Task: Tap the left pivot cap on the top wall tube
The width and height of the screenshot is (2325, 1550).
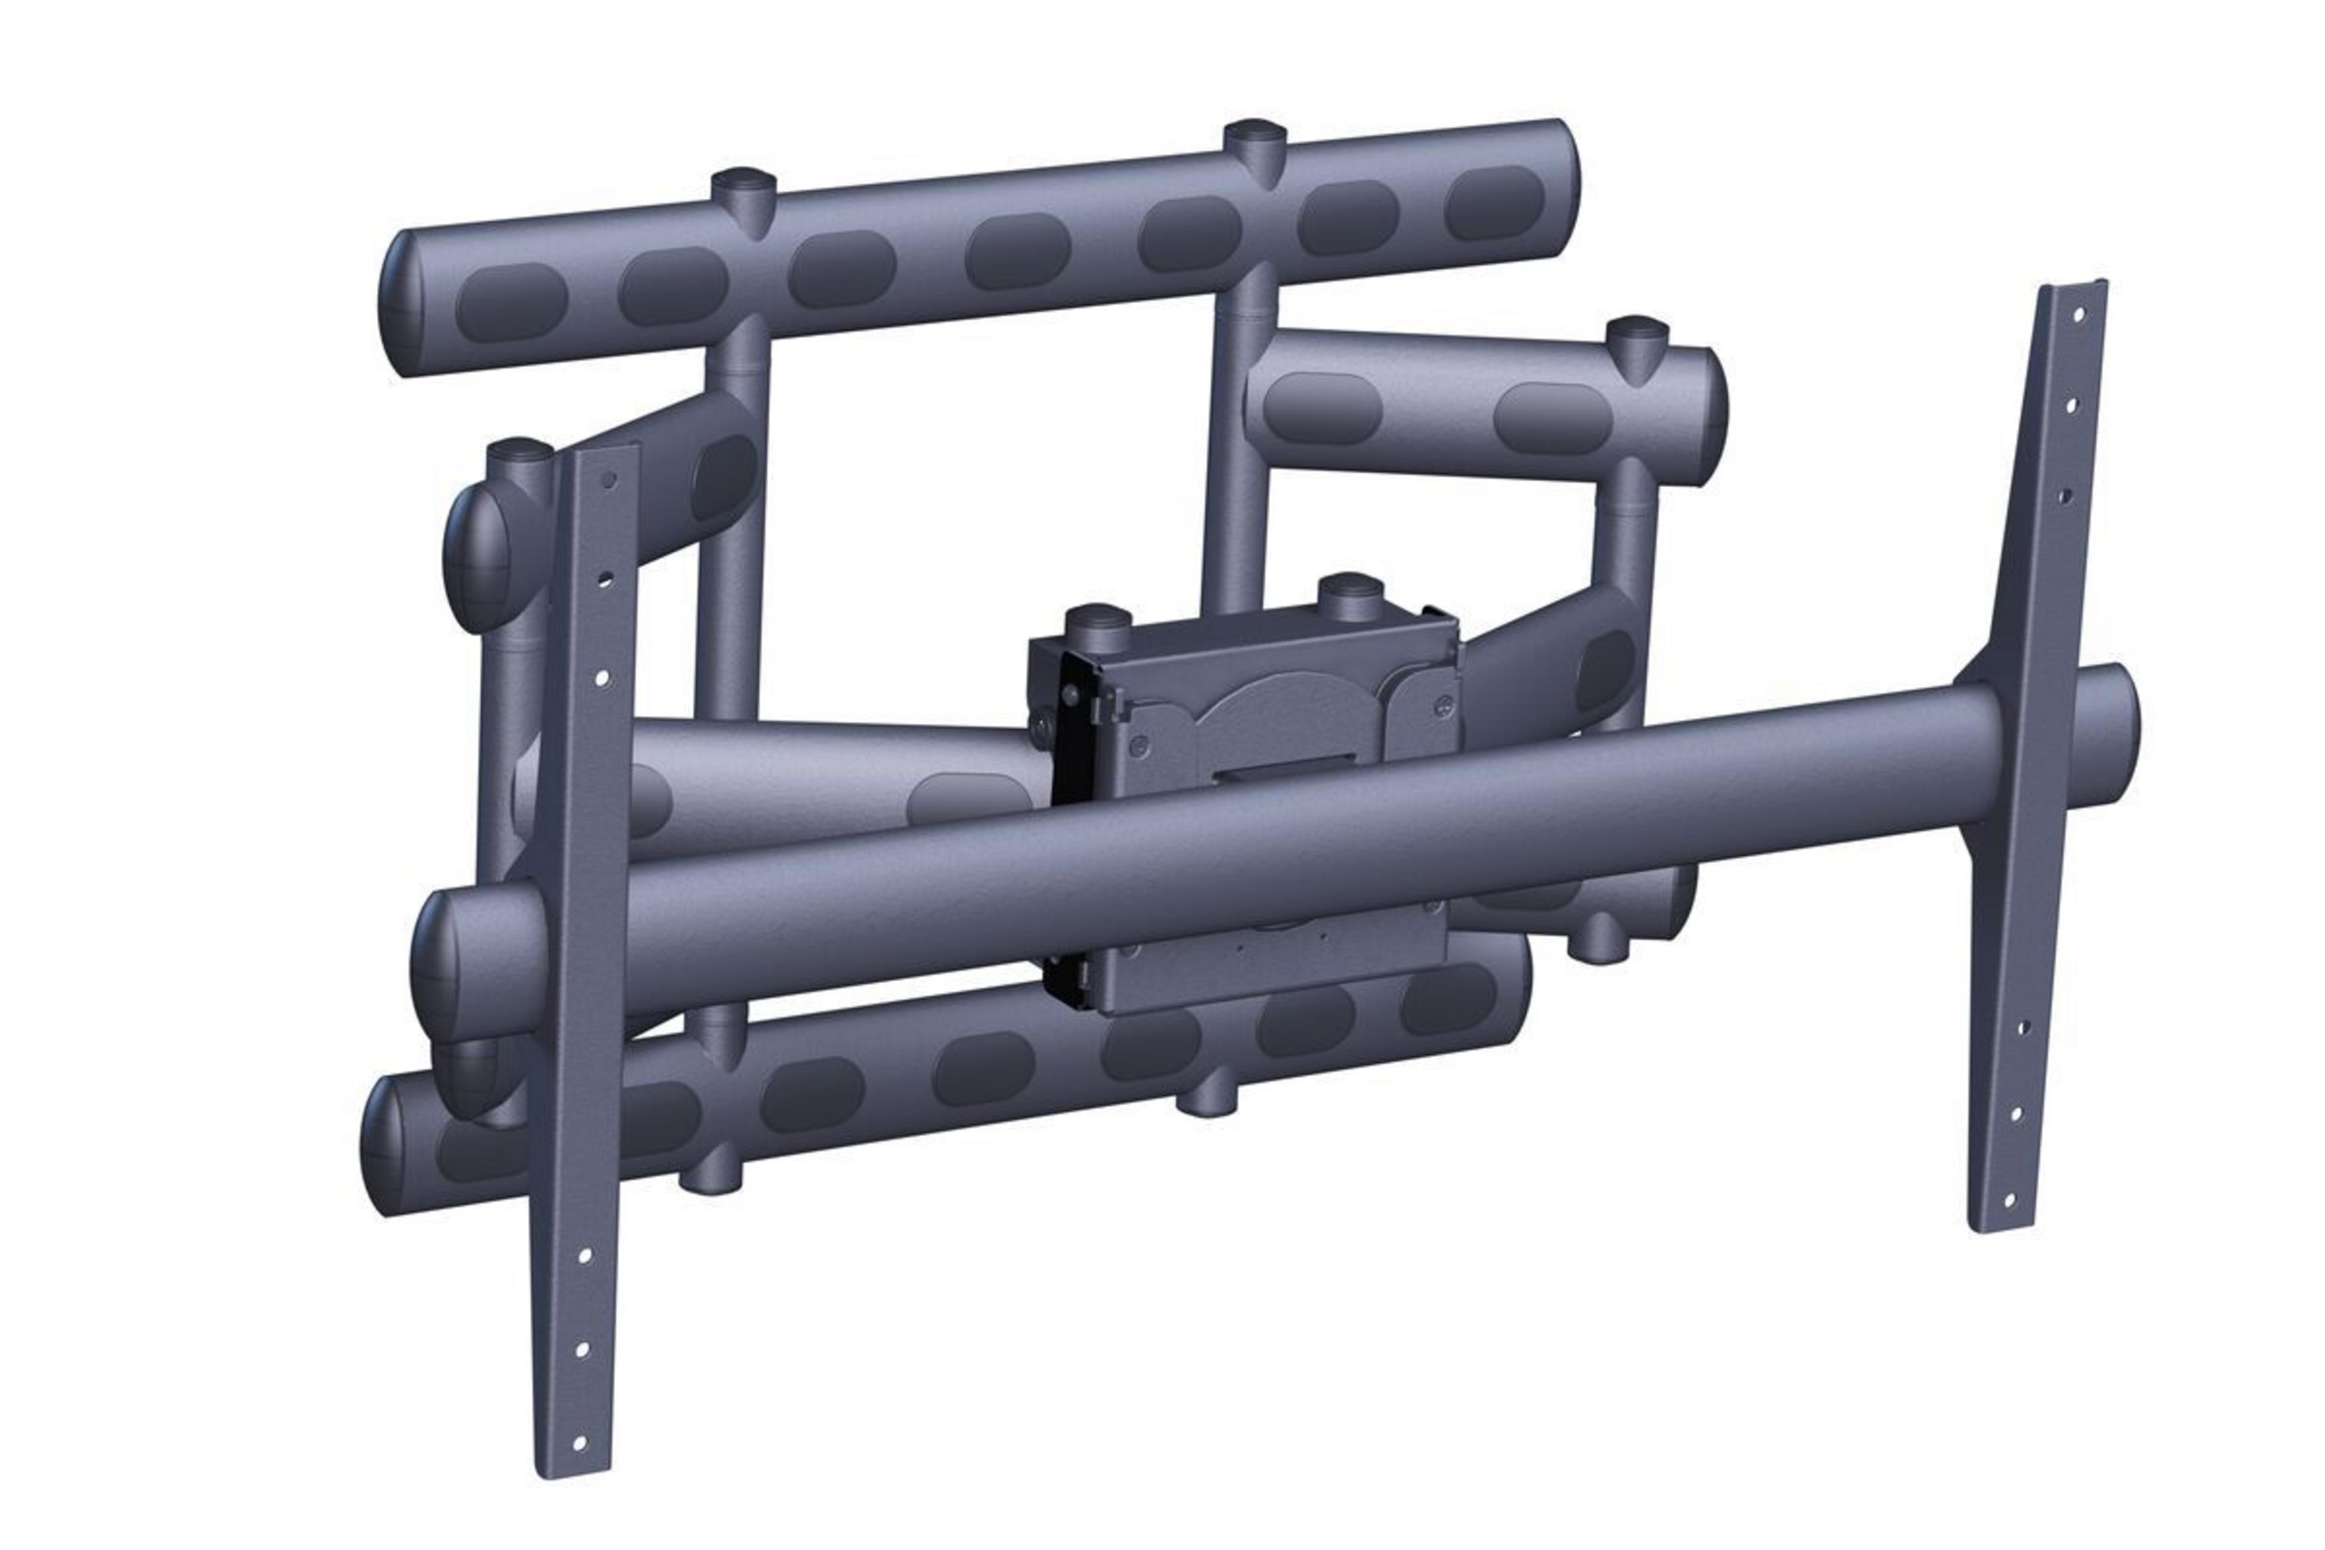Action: tap(744, 184)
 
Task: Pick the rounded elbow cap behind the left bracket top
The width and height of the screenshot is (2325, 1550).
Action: tap(478, 556)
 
